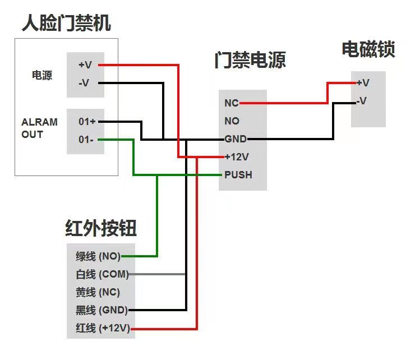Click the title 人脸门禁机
click(x=66, y=24)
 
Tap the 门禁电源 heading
click(x=250, y=60)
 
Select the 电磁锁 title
click(x=368, y=49)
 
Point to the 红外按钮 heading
click(x=101, y=229)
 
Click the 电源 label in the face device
click(x=41, y=75)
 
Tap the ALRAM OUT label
click(x=39, y=128)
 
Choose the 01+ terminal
click(x=87, y=121)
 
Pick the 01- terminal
click(x=86, y=139)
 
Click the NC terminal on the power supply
click(x=232, y=103)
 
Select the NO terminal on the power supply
click(x=232, y=121)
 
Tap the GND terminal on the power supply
click(x=235, y=139)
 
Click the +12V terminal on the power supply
click(x=236, y=157)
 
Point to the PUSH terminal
click(x=238, y=175)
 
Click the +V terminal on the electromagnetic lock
click(x=363, y=83)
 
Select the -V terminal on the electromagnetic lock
click(x=362, y=101)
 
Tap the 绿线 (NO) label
click(x=98, y=257)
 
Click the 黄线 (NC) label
click(x=98, y=292)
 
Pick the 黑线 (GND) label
click(x=102, y=310)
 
